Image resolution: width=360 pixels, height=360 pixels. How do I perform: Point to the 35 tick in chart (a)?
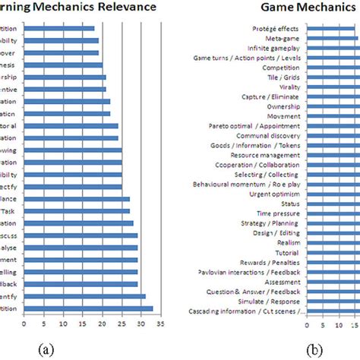160,324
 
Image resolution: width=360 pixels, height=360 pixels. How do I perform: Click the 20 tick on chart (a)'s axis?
102,324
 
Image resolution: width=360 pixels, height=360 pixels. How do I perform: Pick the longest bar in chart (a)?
88,309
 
